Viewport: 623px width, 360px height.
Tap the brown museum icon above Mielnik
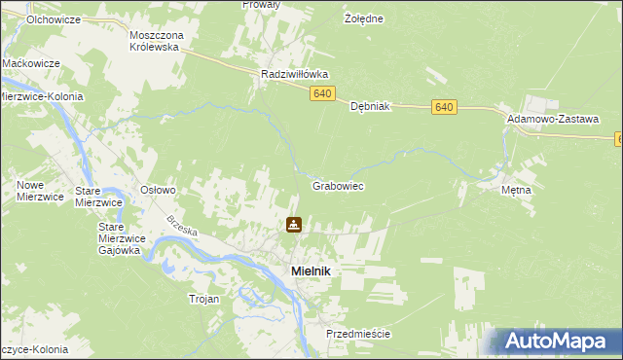(293, 226)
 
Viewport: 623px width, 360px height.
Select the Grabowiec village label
(338, 184)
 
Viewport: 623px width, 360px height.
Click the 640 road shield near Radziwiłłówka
(323, 93)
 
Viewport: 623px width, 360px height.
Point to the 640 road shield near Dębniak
(445, 106)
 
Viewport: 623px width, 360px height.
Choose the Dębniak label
(370, 107)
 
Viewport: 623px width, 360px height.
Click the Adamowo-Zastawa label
(552, 118)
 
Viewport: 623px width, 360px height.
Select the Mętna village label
(516, 190)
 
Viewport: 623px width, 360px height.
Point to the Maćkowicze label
(31, 63)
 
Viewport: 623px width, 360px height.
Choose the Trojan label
(204, 299)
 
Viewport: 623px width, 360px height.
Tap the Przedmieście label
(358, 334)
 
